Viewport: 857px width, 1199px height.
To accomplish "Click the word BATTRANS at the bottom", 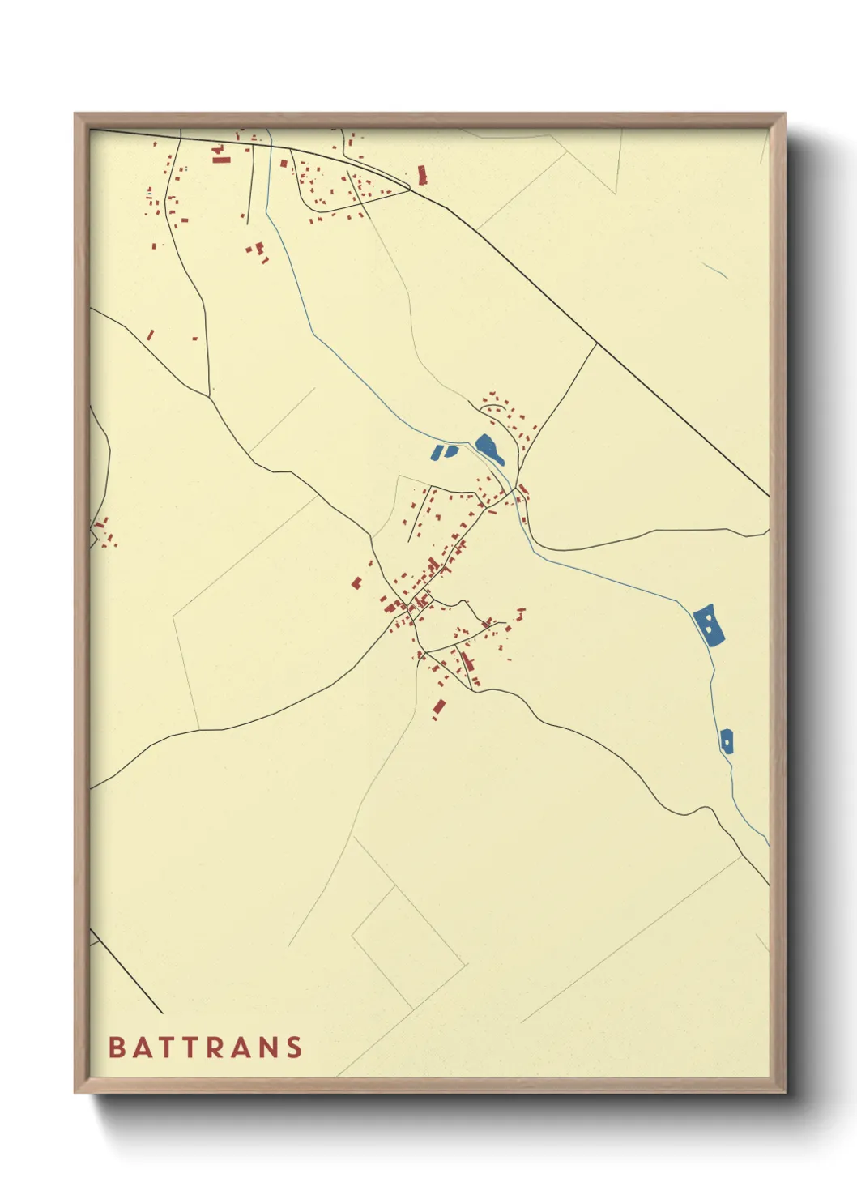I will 206,1047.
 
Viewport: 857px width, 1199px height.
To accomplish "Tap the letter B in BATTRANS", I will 116,1047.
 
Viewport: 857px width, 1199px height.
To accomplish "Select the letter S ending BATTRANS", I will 295,1047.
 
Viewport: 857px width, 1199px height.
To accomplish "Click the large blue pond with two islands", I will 709,625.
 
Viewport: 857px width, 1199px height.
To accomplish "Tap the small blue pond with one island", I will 727,740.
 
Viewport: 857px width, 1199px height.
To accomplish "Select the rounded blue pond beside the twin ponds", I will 489,448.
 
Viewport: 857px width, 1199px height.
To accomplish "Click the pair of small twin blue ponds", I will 444,451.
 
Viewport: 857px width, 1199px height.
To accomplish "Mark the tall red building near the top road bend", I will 421,174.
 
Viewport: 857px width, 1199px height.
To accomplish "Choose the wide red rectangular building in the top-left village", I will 221,160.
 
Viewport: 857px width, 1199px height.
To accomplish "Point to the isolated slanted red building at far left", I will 150,334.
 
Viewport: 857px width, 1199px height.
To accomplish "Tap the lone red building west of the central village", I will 356,582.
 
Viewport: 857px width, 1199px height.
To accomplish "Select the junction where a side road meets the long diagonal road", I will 596,344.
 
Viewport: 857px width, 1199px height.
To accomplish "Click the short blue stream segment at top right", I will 714,270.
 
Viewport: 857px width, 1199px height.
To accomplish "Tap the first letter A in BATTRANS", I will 137,1047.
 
